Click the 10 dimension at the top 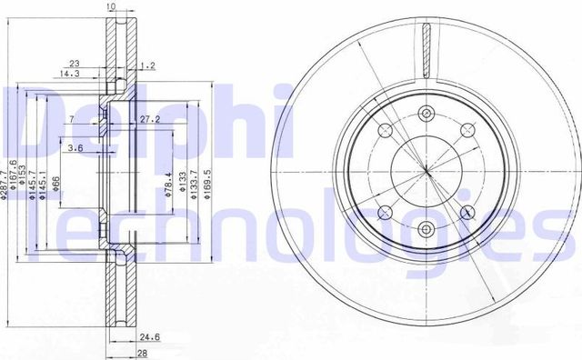click(111, 8)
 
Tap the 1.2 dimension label click(149, 66)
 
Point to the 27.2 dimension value click(151, 119)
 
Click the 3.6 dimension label click(76, 149)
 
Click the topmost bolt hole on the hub click(426, 114)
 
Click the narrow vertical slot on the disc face click(426, 51)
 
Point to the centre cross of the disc click(426, 171)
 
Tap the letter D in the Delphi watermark click(27, 115)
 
